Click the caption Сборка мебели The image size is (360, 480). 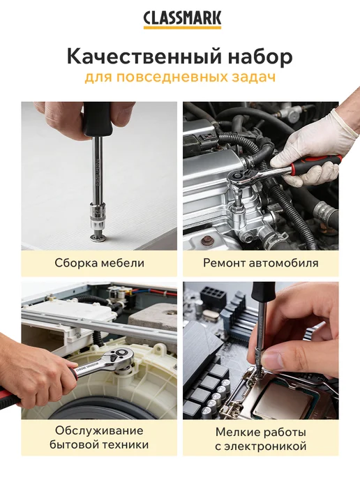click(99, 263)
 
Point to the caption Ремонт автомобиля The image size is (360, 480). click(261, 263)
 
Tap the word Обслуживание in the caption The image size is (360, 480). click(99, 430)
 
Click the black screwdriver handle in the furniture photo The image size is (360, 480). click(98, 120)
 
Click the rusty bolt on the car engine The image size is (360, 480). click(207, 241)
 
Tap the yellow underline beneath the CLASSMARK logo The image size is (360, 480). click(182, 27)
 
